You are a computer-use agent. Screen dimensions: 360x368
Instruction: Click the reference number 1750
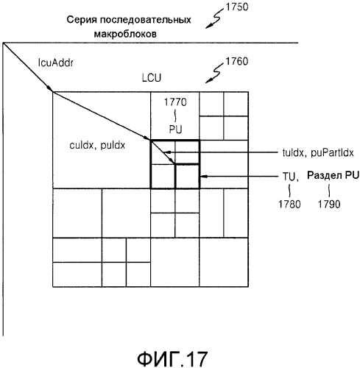pos(237,7)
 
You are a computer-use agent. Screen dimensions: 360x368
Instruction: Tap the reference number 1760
pos(237,61)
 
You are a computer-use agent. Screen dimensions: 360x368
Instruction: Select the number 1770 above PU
pos(175,102)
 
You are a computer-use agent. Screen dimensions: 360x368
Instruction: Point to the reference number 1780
pos(289,204)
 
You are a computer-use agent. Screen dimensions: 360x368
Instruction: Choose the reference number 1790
pos(329,204)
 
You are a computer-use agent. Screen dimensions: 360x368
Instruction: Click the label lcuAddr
pos(56,63)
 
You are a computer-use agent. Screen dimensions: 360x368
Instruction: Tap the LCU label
pos(152,78)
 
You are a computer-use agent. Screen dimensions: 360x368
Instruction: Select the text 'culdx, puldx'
pos(97,146)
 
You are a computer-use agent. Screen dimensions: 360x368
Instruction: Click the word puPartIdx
pos(332,153)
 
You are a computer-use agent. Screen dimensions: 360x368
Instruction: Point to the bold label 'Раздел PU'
pos(333,175)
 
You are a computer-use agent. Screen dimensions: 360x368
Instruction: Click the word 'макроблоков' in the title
pos(125,34)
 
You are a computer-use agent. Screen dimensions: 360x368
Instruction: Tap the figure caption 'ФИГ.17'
pos(172,359)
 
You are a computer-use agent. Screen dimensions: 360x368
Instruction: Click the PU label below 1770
pos(175,130)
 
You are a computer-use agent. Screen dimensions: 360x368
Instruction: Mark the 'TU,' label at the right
pos(291,177)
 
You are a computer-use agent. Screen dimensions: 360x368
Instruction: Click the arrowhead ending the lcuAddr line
pos(50,88)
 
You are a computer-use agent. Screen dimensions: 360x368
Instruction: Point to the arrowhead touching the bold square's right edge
pos(202,176)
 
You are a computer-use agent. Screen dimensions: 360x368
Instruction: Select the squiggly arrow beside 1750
pos(214,18)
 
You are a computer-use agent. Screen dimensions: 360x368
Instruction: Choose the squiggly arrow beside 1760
pos(214,72)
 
